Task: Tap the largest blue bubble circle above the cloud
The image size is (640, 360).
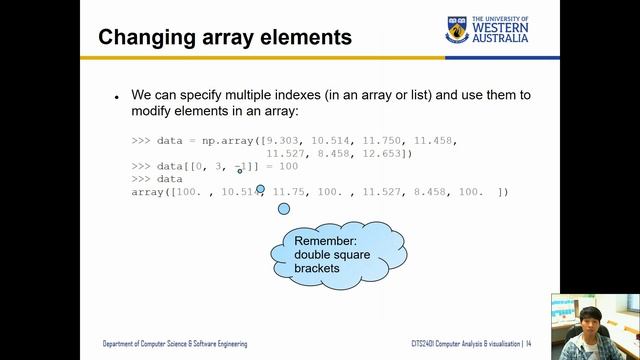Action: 284,209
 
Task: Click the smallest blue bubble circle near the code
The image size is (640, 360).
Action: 240,171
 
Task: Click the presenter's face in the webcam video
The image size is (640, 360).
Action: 583,322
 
